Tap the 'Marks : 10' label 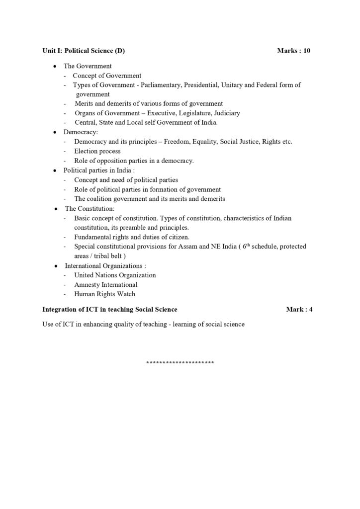294,51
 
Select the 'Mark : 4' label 299,309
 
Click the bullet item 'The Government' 88,66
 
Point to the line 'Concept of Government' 107,76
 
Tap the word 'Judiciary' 225,113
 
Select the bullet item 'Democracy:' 81,132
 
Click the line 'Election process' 97,151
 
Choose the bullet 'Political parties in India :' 99,170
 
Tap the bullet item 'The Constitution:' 90,209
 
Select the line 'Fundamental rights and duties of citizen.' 132,237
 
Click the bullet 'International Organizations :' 105,266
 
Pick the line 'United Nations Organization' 115,275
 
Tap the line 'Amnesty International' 106,285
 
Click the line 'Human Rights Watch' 104,294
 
